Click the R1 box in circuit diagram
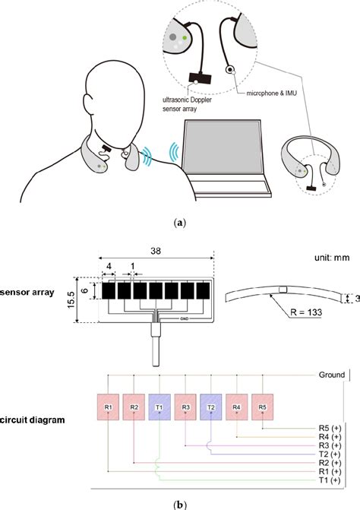[109, 407]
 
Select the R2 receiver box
[134, 407]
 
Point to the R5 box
[263, 407]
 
